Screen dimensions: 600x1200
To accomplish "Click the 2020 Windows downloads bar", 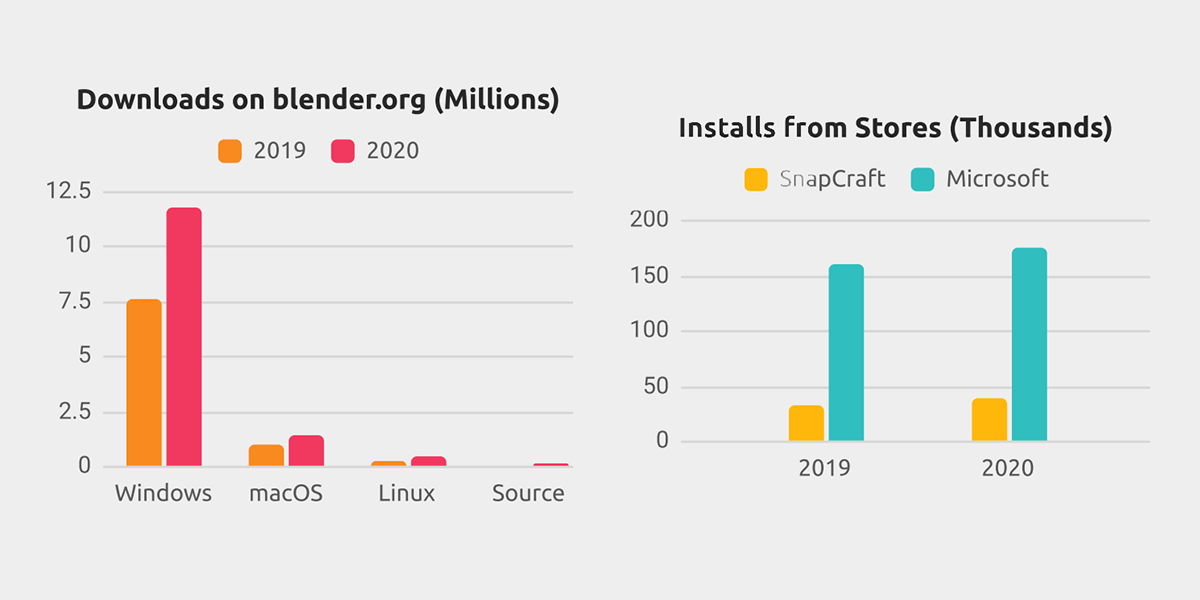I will (184, 337).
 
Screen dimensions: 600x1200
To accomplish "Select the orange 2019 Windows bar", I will (144, 383).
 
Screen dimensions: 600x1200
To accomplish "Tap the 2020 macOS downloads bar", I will (306, 451).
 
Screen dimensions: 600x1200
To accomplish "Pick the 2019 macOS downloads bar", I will (266, 455).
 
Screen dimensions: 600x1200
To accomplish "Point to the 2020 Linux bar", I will (428, 461).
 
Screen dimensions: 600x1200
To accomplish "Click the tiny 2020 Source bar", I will (550, 464).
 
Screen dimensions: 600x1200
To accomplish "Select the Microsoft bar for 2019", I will (846, 353).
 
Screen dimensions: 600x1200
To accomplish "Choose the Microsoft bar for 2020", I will (1029, 345).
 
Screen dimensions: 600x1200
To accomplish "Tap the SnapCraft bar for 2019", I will (806, 423).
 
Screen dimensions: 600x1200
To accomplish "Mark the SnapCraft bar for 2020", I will (989, 420).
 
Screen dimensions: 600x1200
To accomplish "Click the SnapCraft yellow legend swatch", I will (756, 180).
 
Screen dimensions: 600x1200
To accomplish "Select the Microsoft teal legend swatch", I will (923, 180).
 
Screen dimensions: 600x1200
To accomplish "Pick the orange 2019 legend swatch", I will (230, 151).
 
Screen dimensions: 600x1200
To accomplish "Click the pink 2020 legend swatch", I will (343, 151).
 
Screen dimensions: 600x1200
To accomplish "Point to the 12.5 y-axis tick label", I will (68, 191).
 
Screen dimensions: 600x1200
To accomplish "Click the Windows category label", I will (163, 494).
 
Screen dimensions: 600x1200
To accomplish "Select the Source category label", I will (528, 494).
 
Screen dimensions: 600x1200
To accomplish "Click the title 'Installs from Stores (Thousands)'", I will (895, 128).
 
